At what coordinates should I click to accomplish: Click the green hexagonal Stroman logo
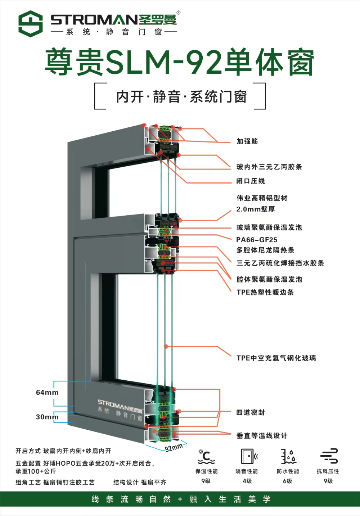31,24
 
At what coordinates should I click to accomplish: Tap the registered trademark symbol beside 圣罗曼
179,13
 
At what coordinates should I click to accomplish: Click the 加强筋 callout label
247,141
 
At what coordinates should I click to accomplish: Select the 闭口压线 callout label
251,181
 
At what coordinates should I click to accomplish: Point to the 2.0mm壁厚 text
256,209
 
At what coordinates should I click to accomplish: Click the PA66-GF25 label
257,240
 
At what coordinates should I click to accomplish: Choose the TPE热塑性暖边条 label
265,292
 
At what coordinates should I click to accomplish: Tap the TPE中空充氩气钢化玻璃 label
276,358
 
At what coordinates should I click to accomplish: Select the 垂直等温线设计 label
262,436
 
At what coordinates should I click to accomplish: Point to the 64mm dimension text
47,392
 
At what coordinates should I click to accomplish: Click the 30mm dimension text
47,417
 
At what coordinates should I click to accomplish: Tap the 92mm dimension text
174,447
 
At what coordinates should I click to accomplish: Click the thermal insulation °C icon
206,457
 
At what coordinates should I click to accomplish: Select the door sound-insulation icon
249,456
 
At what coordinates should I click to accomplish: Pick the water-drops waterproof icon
289,456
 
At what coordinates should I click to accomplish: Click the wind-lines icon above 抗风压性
329,456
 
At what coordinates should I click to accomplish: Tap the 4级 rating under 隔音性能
247,481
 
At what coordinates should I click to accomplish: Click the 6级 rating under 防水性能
288,481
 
